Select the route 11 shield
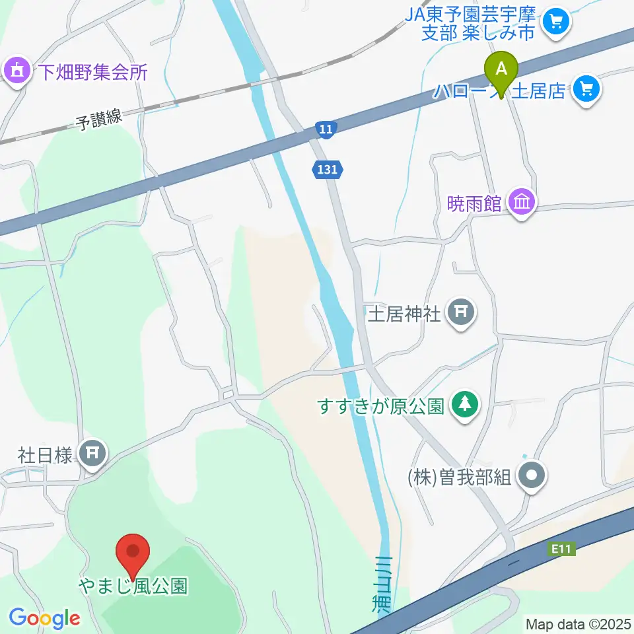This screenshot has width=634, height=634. tap(325, 129)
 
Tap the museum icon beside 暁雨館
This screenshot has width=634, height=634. tap(522, 201)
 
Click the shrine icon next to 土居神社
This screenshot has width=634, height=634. tap(461, 310)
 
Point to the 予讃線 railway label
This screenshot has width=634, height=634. tap(99, 120)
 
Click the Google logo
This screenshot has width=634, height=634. tap(44, 618)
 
